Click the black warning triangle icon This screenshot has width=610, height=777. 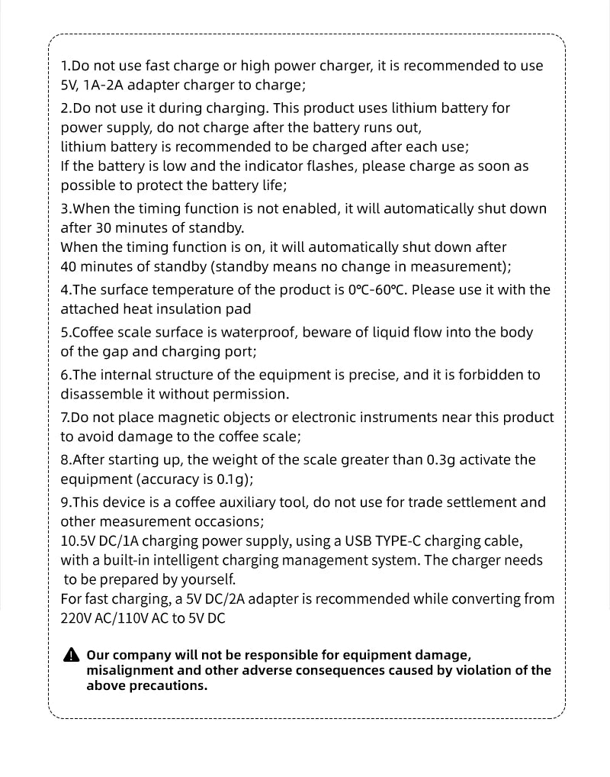70,656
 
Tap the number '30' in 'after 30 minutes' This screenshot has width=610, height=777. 104,227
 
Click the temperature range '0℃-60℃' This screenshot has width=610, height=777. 377,289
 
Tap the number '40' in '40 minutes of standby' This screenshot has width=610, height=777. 69,266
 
